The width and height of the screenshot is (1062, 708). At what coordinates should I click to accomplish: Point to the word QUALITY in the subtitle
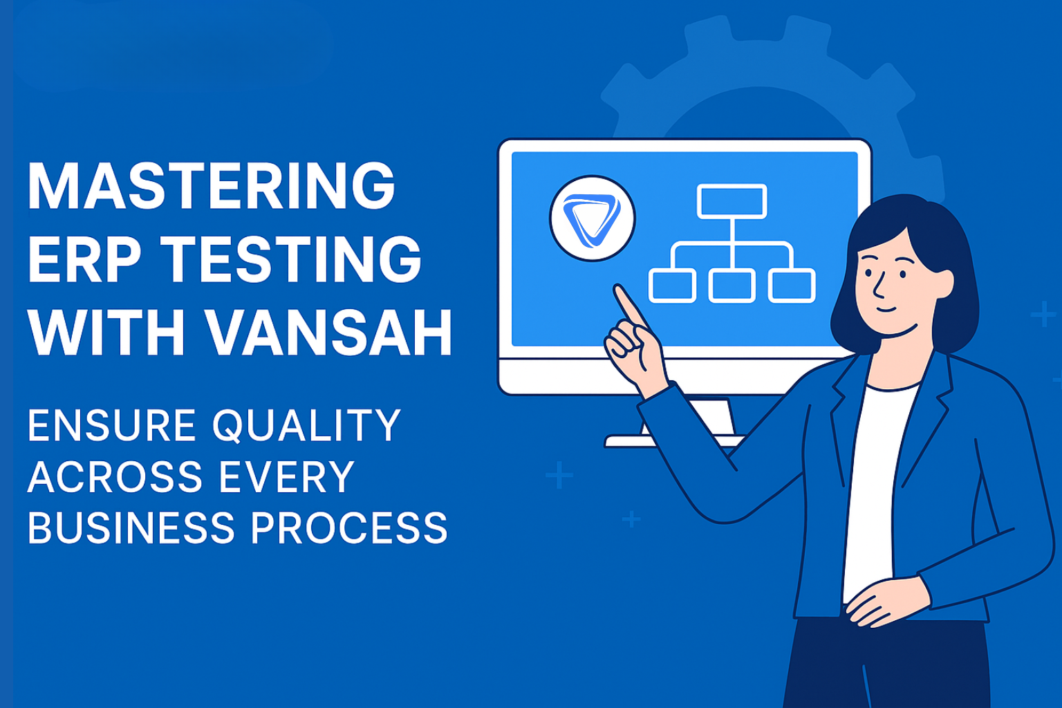pos(306,425)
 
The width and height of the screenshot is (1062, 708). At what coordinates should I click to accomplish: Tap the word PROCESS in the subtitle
pos(348,529)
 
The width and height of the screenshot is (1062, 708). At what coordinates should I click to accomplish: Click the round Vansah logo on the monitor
pos(593,218)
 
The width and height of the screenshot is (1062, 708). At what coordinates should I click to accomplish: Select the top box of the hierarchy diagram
pos(732,201)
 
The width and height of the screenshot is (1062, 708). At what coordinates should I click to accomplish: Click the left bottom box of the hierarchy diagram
pos(672,286)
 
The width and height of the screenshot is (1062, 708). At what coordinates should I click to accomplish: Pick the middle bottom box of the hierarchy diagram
pos(732,286)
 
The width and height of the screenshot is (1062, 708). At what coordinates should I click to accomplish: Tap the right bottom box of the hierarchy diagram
pos(792,286)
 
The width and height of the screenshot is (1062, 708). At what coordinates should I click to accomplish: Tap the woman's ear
pos(942,284)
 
